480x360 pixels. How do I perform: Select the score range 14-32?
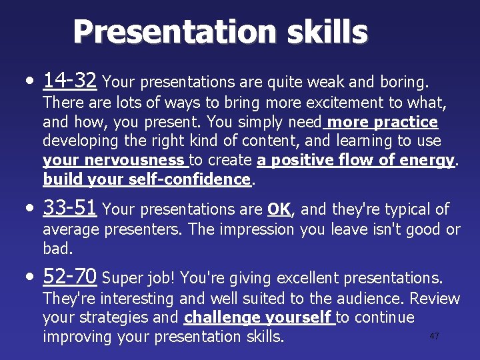point(70,81)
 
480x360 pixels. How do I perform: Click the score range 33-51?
point(70,208)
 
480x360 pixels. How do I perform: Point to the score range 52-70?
point(70,276)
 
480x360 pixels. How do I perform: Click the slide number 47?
point(434,336)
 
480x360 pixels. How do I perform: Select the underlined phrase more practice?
point(383,122)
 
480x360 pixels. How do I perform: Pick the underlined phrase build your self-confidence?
point(147,179)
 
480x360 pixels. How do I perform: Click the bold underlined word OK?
point(278,209)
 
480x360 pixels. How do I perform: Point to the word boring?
point(403,82)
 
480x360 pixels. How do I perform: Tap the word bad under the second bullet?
point(56,249)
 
